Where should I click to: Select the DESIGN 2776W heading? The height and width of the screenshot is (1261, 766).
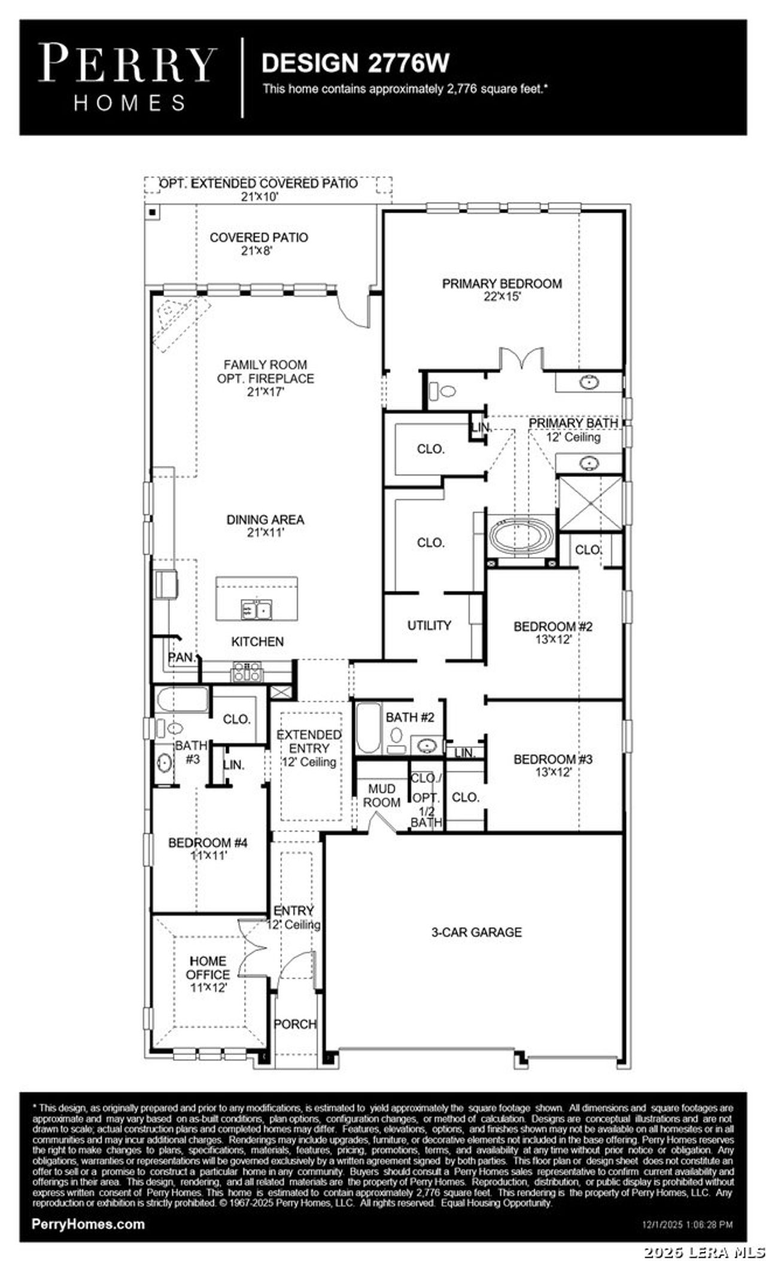click(x=355, y=63)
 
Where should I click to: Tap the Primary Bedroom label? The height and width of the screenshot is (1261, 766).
click(x=501, y=284)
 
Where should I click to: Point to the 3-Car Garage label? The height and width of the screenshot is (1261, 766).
click(x=476, y=932)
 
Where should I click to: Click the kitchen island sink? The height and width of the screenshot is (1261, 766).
click(x=256, y=610)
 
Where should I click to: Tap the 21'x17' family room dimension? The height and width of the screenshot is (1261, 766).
click(x=265, y=393)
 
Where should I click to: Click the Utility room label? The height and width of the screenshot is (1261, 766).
click(x=429, y=625)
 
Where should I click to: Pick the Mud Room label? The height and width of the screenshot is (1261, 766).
click(x=381, y=796)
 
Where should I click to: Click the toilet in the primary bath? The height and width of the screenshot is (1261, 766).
click(x=443, y=391)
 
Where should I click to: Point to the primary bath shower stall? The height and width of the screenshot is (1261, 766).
click(x=590, y=503)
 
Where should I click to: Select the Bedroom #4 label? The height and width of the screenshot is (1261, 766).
click(x=208, y=843)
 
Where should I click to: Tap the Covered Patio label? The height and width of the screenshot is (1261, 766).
click(x=259, y=238)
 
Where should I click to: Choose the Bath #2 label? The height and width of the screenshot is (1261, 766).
click(x=410, y=717)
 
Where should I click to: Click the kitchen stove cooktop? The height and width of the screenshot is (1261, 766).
click(x=247, y=673)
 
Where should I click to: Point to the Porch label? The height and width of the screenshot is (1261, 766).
click(x=295, y=1024)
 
